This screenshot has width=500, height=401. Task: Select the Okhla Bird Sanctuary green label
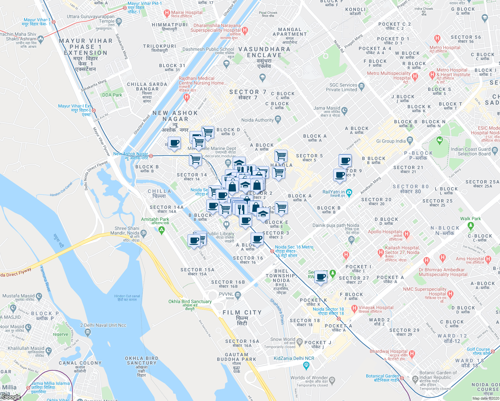tap(190, 302)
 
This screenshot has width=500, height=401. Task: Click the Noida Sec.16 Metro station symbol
tap(272, 251)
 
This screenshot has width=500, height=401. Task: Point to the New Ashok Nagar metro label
tap(131, 154)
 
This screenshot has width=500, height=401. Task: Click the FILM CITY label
tap(242, 313)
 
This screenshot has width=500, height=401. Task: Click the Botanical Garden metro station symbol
tap(402, 378)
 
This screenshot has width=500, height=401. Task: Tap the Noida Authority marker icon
tap(278, 119)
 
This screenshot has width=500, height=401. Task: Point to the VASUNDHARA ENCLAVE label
tap(264, 52)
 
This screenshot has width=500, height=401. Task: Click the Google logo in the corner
tap(11, 397)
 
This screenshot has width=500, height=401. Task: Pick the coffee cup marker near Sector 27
tap(321, 277)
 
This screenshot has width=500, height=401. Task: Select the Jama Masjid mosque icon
tap(345, 110)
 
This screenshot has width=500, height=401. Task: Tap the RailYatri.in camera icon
tap(349, 192)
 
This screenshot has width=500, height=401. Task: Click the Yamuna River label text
tap(45, 278)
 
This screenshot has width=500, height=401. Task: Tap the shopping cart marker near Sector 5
tap(281, 156)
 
